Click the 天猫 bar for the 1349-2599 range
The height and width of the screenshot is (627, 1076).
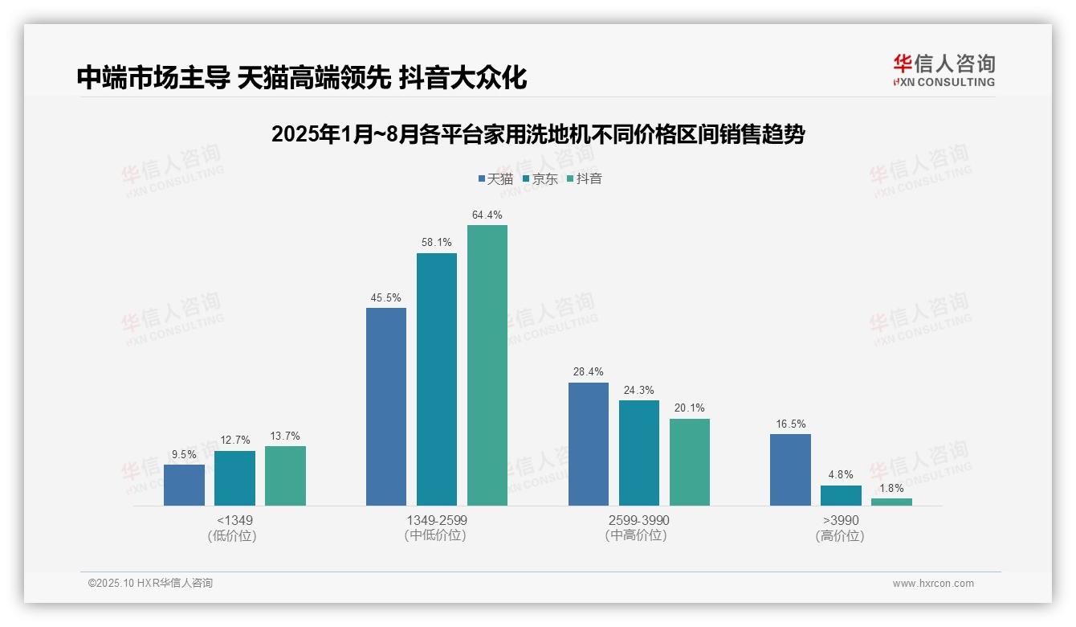(x=386, y=407)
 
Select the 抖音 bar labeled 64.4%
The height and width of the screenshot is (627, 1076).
(x=487, y=365)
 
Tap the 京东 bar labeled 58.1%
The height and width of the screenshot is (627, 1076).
(x=437, y=379)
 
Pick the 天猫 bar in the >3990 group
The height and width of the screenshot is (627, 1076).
(x=790, y=469)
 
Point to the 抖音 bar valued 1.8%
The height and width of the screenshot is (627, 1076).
(x=891, y=502)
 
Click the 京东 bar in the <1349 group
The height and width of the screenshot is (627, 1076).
(x=234, y=478)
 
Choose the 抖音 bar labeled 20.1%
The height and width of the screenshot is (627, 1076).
(x=689, y=462)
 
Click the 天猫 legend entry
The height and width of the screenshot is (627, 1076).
(x=495, y=179)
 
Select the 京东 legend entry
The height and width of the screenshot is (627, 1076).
(x=540, y=179)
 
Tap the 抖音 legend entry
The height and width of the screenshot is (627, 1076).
(x=584, y=179)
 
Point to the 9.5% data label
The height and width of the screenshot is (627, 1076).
(x=184, y=454)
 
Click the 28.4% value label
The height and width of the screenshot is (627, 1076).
(x=589, y=372)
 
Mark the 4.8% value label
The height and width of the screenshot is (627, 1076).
(x=841, y=475)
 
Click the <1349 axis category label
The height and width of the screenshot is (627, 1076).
(x=234, y=520)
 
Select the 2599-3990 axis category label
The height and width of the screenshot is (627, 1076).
(x=638, y=520)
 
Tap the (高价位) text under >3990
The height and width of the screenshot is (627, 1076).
(x=840, y=535)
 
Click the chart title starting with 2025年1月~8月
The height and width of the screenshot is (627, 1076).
(x=538, y=134)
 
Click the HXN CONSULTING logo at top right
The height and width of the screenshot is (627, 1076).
(x=944, y=70)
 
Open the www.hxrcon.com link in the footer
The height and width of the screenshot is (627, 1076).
(x=933, y=584)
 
